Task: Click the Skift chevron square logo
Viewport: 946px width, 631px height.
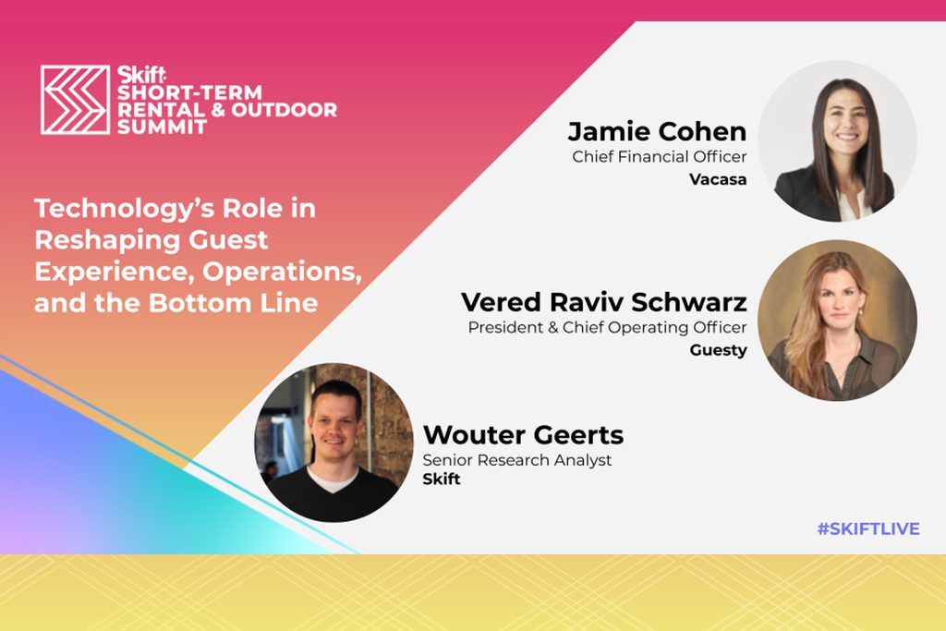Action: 76,100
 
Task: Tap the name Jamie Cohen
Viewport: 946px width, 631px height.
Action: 657,131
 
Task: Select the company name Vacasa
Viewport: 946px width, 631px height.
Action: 718,179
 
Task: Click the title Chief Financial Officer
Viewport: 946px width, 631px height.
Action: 660,156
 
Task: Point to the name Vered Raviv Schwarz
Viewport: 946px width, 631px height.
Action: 604,301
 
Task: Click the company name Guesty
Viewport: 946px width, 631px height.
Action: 718,350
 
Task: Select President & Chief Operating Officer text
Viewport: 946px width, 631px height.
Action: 608,327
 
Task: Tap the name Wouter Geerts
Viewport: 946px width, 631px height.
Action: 523,434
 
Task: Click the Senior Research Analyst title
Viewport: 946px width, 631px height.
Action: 517,460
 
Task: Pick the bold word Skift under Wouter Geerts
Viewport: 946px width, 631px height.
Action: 442,479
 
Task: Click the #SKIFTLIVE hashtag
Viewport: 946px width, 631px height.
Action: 868,528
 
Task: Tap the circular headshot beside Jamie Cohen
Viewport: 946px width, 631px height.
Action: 837,141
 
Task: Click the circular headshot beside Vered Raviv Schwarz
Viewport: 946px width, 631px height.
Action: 837,321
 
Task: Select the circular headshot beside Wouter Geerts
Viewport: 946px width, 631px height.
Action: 334,443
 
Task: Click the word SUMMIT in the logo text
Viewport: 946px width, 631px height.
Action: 163,127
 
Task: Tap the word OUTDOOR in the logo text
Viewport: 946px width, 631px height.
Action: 285,110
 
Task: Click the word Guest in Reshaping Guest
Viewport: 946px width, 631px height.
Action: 228,240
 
